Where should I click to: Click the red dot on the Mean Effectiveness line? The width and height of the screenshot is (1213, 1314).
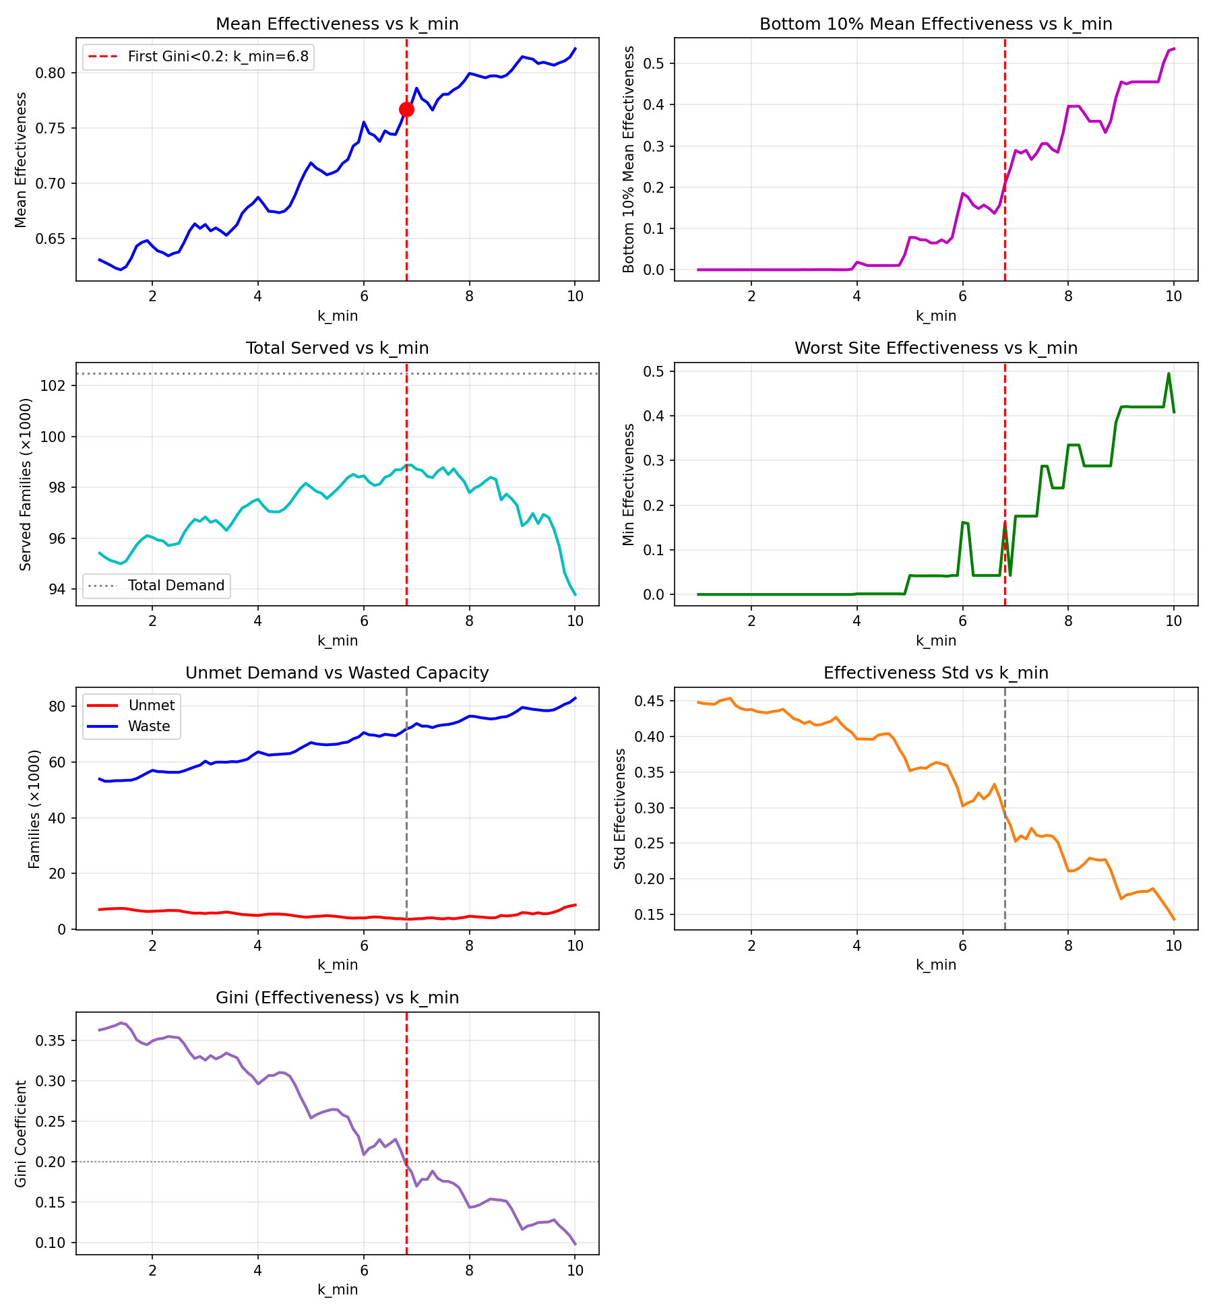point(406,109)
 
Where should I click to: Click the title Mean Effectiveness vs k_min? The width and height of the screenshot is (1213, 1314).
point(337,24)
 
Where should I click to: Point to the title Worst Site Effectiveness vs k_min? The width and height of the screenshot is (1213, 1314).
point(936,348)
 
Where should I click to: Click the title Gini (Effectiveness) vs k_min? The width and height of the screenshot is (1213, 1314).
point(337,998)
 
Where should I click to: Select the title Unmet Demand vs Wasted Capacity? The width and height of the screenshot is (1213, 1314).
point(337,673)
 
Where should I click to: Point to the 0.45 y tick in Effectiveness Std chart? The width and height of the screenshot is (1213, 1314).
point(650,701)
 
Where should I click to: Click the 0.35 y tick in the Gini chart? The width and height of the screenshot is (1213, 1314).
point(52,1041)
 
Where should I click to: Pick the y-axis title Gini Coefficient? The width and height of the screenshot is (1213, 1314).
point(21,1133)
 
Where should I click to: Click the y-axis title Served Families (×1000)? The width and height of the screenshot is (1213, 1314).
point(26,484)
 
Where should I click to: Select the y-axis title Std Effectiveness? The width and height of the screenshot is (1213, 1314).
point(620,809)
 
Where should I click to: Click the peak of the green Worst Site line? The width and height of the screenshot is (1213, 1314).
point(1169,373)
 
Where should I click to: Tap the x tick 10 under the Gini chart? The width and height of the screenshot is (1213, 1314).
point(575,1271)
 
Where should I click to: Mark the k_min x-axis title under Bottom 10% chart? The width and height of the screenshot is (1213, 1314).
point(936,316)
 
